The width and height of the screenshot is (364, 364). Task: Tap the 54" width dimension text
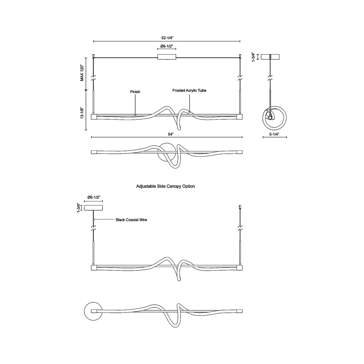point(171,134)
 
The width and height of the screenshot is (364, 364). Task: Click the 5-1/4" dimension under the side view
point(274,134)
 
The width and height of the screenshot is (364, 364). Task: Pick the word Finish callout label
point(135,92)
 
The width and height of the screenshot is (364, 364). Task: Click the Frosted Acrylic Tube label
point(189,90)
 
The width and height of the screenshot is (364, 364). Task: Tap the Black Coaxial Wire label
point(131,220)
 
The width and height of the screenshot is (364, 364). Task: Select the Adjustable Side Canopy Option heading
point(165,186)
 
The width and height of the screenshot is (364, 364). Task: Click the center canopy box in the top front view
point(167,57)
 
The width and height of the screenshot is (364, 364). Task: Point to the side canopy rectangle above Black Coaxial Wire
point(93,208)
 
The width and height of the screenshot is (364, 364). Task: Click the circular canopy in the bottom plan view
point(92,311)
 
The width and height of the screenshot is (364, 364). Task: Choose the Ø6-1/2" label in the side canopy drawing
point(93,198)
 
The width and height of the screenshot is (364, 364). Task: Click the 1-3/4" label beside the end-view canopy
point(254,57)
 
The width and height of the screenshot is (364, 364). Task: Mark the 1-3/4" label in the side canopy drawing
point(79,208)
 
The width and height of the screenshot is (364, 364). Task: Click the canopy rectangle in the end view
point(271,57)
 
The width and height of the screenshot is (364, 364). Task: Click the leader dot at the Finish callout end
point(135,115)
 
